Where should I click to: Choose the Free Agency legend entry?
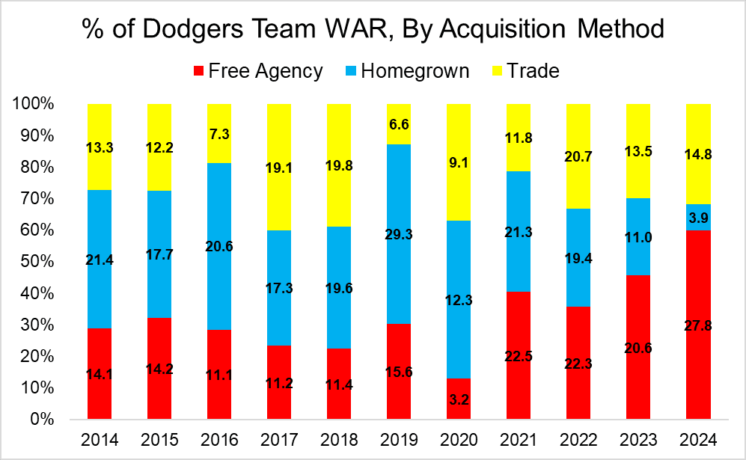[258, 71]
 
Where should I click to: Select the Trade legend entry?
[524, 71]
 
